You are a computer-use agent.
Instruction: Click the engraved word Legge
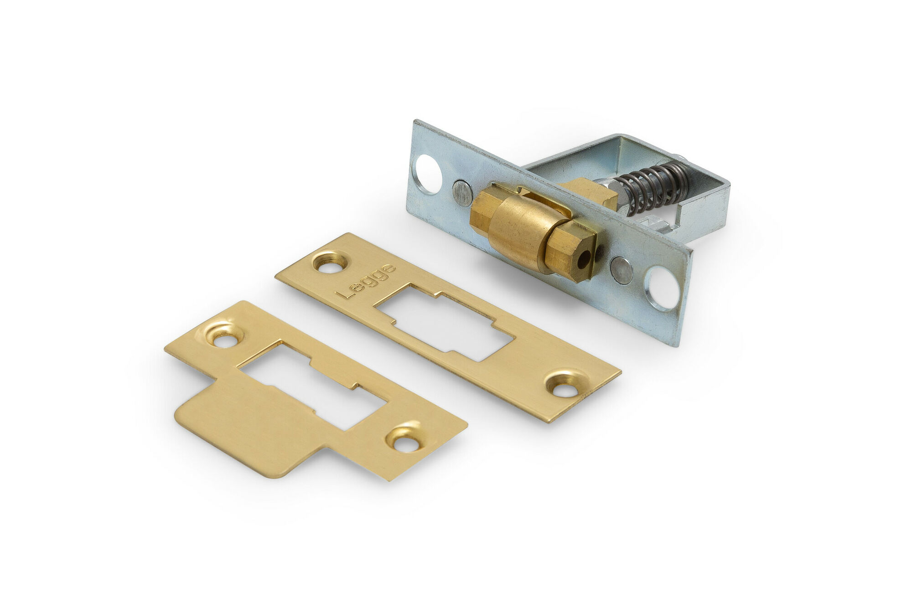coord(365,282)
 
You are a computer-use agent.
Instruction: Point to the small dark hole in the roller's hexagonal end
coord(582,264)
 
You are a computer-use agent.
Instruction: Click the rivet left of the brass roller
coord(462,193)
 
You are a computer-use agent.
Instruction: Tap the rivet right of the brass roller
coord(623,270)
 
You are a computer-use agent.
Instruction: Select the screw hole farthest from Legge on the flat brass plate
coord(565,386)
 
